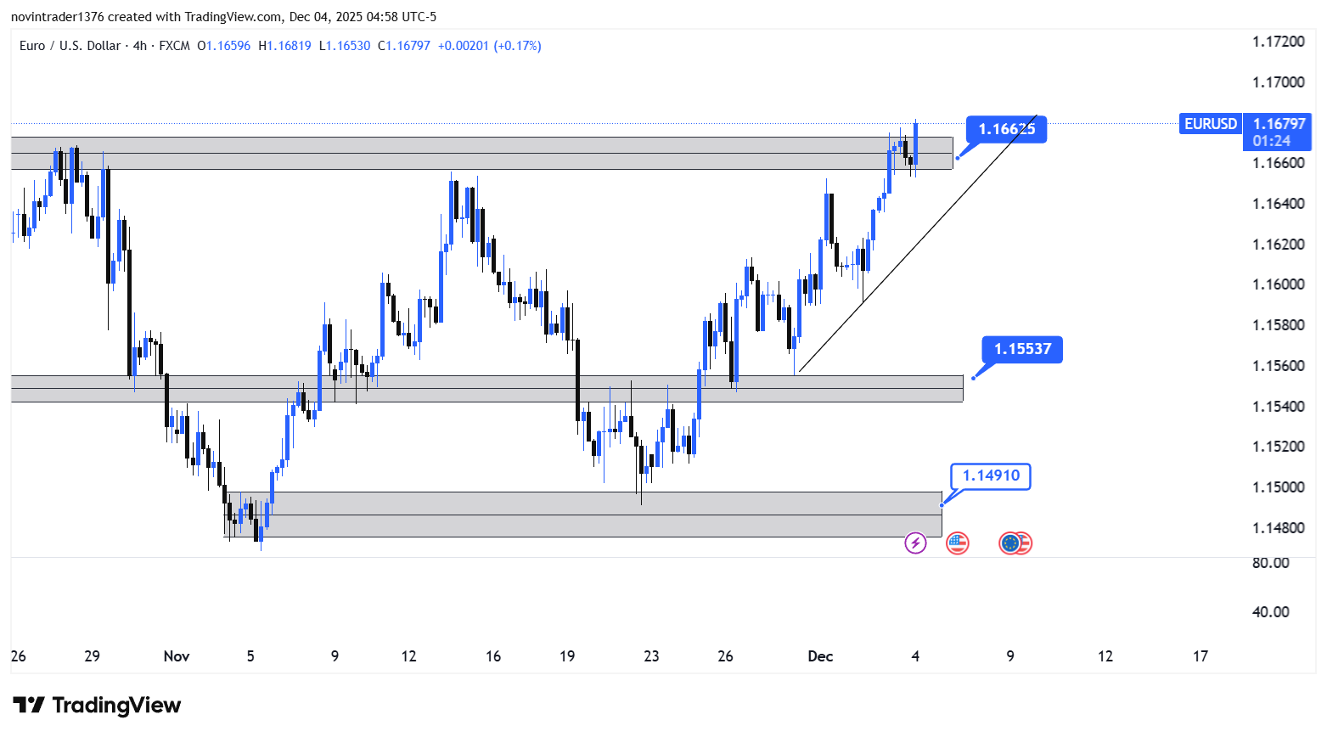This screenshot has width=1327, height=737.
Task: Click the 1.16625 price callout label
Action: tap(1006, 129)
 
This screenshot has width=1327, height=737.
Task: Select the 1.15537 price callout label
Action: tap(1022, 349)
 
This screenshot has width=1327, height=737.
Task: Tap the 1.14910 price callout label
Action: tap(991, 475)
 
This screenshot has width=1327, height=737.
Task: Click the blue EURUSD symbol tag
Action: tap(1210, 124)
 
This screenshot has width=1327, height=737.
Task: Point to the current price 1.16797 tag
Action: tap(1279, 125)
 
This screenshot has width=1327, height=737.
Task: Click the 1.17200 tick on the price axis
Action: tap(1278, 42)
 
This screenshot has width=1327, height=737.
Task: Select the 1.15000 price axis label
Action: tap(1278, 487)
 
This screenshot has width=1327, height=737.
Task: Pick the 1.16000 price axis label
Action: tap(1278, 284)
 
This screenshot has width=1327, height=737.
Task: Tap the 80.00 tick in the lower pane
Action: tap(1270, 563)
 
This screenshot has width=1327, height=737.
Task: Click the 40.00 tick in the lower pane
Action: tap(1270, 612)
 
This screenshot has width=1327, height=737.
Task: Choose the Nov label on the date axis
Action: tap(177, 656)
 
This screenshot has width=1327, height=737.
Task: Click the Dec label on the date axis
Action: tap(820, 656)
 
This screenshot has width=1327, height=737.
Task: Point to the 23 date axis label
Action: tap(651, 656)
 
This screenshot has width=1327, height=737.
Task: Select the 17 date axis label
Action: tap(1200, 656)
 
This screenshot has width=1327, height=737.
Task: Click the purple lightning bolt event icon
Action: tap(915, 543)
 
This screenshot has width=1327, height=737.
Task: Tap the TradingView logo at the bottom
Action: tap(98, 706)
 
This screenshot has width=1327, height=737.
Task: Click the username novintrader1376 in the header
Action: tap(58, 17)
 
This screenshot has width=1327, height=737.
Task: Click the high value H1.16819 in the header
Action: tap(284, 46)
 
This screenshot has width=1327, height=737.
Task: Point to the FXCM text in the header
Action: tap(174, 46)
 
